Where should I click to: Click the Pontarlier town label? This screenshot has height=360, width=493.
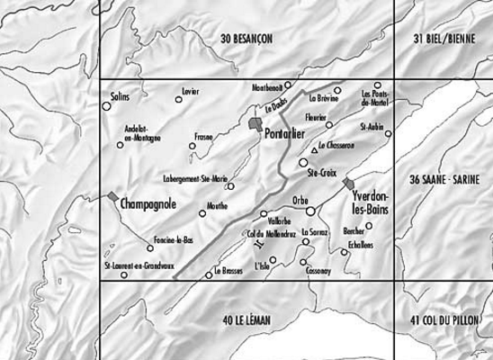(x=287, y=134)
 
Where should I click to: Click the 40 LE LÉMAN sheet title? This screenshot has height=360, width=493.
(x=246, y=319)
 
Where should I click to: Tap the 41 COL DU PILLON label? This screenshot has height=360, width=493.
(x=446, y=319)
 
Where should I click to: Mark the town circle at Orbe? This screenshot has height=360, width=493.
(x=310, y=211)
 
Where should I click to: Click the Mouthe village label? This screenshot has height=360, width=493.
(x=217, y=205)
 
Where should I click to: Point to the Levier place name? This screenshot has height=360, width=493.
(x=189, y=92)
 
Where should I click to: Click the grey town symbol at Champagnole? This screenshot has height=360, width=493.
(x=112, y=196)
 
